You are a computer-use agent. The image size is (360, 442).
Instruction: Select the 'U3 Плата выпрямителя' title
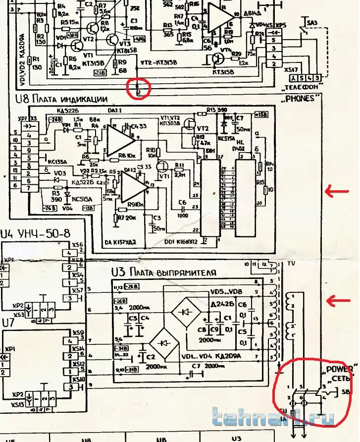(163, 272)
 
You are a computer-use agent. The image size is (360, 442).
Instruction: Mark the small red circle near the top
(139, 88)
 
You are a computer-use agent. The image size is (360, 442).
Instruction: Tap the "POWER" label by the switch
(339, 369)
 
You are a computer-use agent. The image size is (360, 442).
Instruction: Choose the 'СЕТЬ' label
(341, 379)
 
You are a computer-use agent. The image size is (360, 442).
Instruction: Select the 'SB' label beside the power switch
(345, 391)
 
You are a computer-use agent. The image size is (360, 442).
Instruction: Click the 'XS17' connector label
(292, 70)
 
